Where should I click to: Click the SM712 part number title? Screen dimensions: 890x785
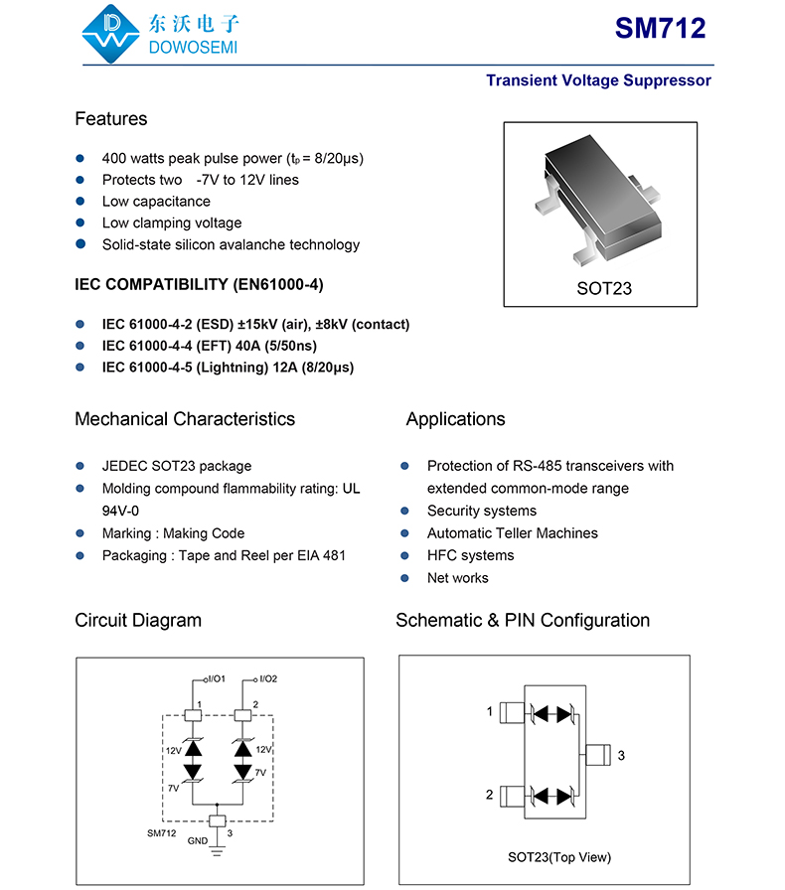click(660, 29)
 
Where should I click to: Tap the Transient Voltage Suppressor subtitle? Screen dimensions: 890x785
click(598, 80)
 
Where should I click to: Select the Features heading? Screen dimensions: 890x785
click(111, 119)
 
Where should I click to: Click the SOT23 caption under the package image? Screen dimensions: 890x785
click(603, 289)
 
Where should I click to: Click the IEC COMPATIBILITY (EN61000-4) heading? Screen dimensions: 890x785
click(199, 285)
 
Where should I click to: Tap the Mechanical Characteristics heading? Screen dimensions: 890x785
click(185, 419)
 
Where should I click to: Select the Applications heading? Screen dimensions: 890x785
click(455, 419)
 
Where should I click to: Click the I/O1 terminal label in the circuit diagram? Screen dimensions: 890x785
click(216, 679)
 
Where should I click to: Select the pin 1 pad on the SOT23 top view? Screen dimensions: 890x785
click(511, 713)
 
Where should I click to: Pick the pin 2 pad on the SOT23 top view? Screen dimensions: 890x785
click(511, 796)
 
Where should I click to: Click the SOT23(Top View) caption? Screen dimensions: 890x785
click(559, 857)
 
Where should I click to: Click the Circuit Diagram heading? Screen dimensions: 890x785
click(138, 621)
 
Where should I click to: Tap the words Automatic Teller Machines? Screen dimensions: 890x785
click(512, 533)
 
